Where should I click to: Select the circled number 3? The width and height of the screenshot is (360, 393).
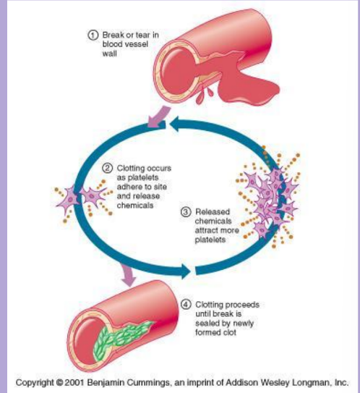click(x=187, y=212)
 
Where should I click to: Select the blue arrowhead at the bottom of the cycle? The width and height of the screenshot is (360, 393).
click(x=187, y=271)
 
